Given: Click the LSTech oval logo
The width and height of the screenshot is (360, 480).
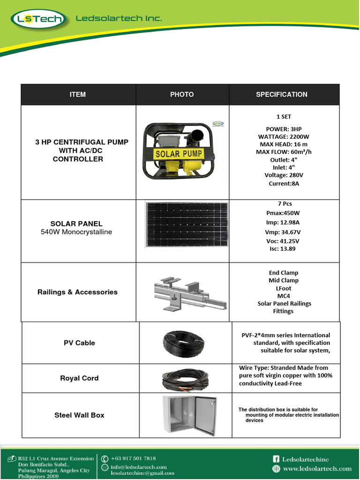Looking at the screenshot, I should tap(38, 20).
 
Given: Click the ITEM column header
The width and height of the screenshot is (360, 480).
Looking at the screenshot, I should tap(78, 95).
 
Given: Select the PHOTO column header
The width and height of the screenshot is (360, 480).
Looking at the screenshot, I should tap(182, 95).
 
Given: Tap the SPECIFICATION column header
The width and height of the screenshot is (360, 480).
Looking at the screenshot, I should tap(282, 95).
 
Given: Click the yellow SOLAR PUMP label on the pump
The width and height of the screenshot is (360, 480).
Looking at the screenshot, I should tap(179, 153).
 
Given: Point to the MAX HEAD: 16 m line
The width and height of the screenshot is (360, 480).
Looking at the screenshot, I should tap(284, 144).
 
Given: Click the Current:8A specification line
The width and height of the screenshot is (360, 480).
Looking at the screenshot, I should tap(284, 183).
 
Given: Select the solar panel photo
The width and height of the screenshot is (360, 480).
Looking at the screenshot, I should tap(187, 224).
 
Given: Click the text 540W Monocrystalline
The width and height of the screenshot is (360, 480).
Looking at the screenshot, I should tap(76, 232).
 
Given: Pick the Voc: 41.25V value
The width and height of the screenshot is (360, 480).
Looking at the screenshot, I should tap(283, 241).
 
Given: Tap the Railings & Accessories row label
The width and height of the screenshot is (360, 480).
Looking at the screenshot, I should tap(77, 292).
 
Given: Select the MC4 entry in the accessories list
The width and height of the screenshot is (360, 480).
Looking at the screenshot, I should tap(283, 296).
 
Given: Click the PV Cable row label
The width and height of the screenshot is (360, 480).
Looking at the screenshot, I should tap(79, 343).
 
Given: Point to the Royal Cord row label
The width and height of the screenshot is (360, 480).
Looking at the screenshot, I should tap(79, 378).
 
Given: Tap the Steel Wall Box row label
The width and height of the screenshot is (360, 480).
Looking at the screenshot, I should tap(79, 415).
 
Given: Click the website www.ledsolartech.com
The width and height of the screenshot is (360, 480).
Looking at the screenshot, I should tap(317, 468).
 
